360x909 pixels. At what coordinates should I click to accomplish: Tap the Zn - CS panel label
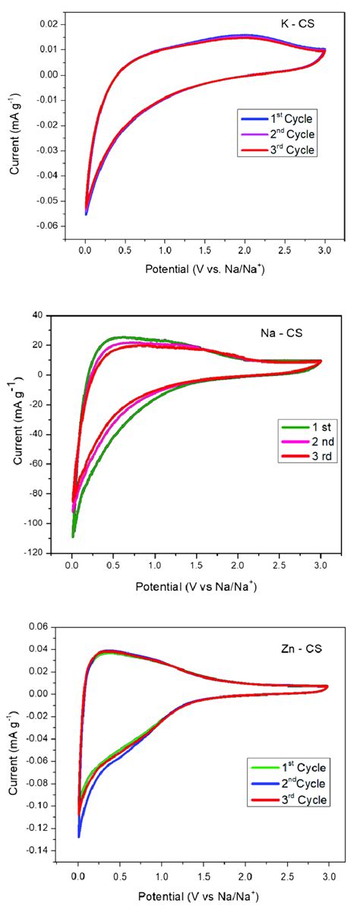[x=299, y=647]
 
